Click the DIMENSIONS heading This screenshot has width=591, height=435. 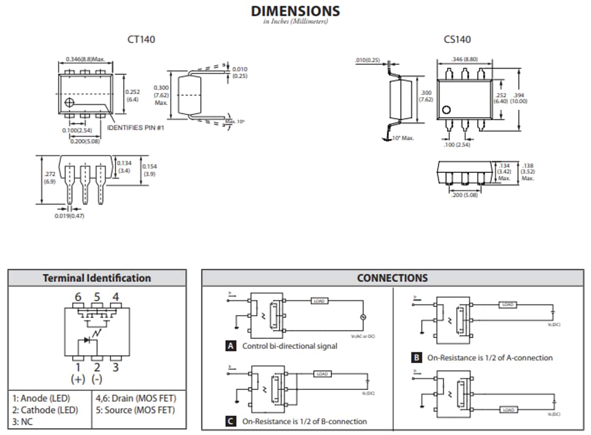pyautogui.click(x=295, y=11)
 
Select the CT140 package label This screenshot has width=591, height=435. pyautogui.click(x=141, y=39)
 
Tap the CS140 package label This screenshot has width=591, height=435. pyautogui.click(x=457, y=39)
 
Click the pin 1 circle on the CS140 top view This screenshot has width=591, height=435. pyautogui.click(x=446, y=110)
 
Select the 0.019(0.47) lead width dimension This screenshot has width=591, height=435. pyautogui.click(x=69, y=216)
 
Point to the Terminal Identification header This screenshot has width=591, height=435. pyautogui.click(x=97, y=278)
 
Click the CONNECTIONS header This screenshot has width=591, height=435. pyautogui.click(x=392, y=278)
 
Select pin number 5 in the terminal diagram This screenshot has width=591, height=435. pyautogui.click(x=97, y=297)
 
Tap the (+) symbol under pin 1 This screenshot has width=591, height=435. pyautogui.click(x=78, y=379)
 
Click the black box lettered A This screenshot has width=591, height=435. pyautogui.click(x=230, y=346)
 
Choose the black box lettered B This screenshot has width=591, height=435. pyautogui.click(x=416, y=358)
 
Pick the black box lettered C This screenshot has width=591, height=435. pyautogui.click(x=230, y=421)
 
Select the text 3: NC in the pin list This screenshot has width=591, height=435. pyautogui.click(x=25, y=421)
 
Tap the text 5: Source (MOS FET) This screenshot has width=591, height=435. pyautogui.click(x=135, y=410)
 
